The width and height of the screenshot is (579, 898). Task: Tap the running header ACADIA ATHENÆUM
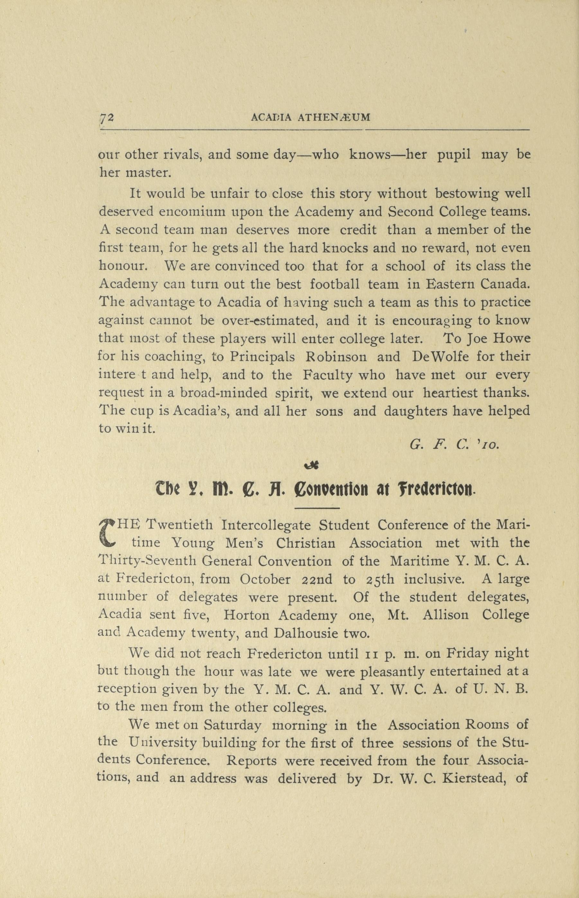(x=311, y=118)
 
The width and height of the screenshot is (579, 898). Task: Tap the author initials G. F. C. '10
(x=454, y=445)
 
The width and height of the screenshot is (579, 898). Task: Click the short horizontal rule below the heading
(x=318, y=508)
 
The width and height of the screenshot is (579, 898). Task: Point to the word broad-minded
(x=224, y=393)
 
